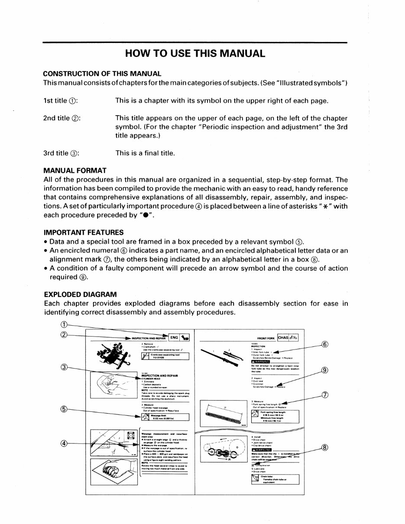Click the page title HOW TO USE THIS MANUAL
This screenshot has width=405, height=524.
(x=194, y=54)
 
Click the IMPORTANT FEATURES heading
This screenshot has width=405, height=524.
(x=84, y=233)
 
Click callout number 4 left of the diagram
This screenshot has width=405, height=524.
(x=64, y=443)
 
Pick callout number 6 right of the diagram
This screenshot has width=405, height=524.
(x=325, y=345)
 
